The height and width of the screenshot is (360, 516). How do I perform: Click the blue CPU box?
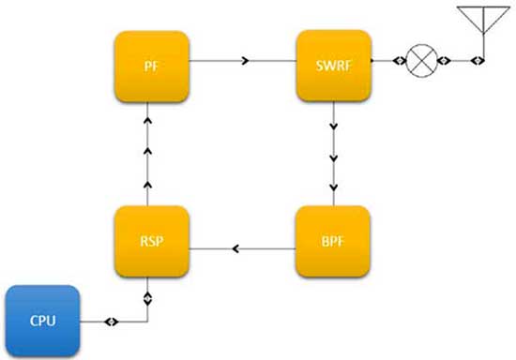pos(42,321)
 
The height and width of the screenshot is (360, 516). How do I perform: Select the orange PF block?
pos(152,67)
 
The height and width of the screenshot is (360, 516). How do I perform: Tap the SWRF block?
pos(334,66)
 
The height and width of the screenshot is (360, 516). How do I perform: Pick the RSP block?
pos(152,241)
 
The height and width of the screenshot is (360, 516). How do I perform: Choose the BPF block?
pos(333,241)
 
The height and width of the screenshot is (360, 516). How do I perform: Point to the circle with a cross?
pos(421,61)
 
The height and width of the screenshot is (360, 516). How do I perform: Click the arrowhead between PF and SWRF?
pos(245,61)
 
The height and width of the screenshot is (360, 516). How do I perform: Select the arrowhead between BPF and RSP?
pos(235,248)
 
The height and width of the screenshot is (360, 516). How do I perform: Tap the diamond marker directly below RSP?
pos(147,299)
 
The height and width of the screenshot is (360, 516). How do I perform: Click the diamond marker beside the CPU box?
pos(112,322)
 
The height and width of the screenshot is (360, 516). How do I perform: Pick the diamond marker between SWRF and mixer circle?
pos(400,61)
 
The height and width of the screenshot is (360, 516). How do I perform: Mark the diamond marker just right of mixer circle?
pos(444,61)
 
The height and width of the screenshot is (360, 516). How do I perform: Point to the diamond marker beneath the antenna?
pos(478,61)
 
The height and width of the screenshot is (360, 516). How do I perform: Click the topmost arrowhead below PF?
pos(147,120)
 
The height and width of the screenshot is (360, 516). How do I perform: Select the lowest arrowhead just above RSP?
pos(147,185)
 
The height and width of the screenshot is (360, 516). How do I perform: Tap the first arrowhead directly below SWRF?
pos(334,127)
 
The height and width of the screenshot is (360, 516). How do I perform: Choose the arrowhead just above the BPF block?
pos(334,187)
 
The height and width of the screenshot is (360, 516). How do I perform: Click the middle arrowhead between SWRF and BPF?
pos(334,158)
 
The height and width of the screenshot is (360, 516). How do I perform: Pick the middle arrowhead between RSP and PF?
pos(147,151)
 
